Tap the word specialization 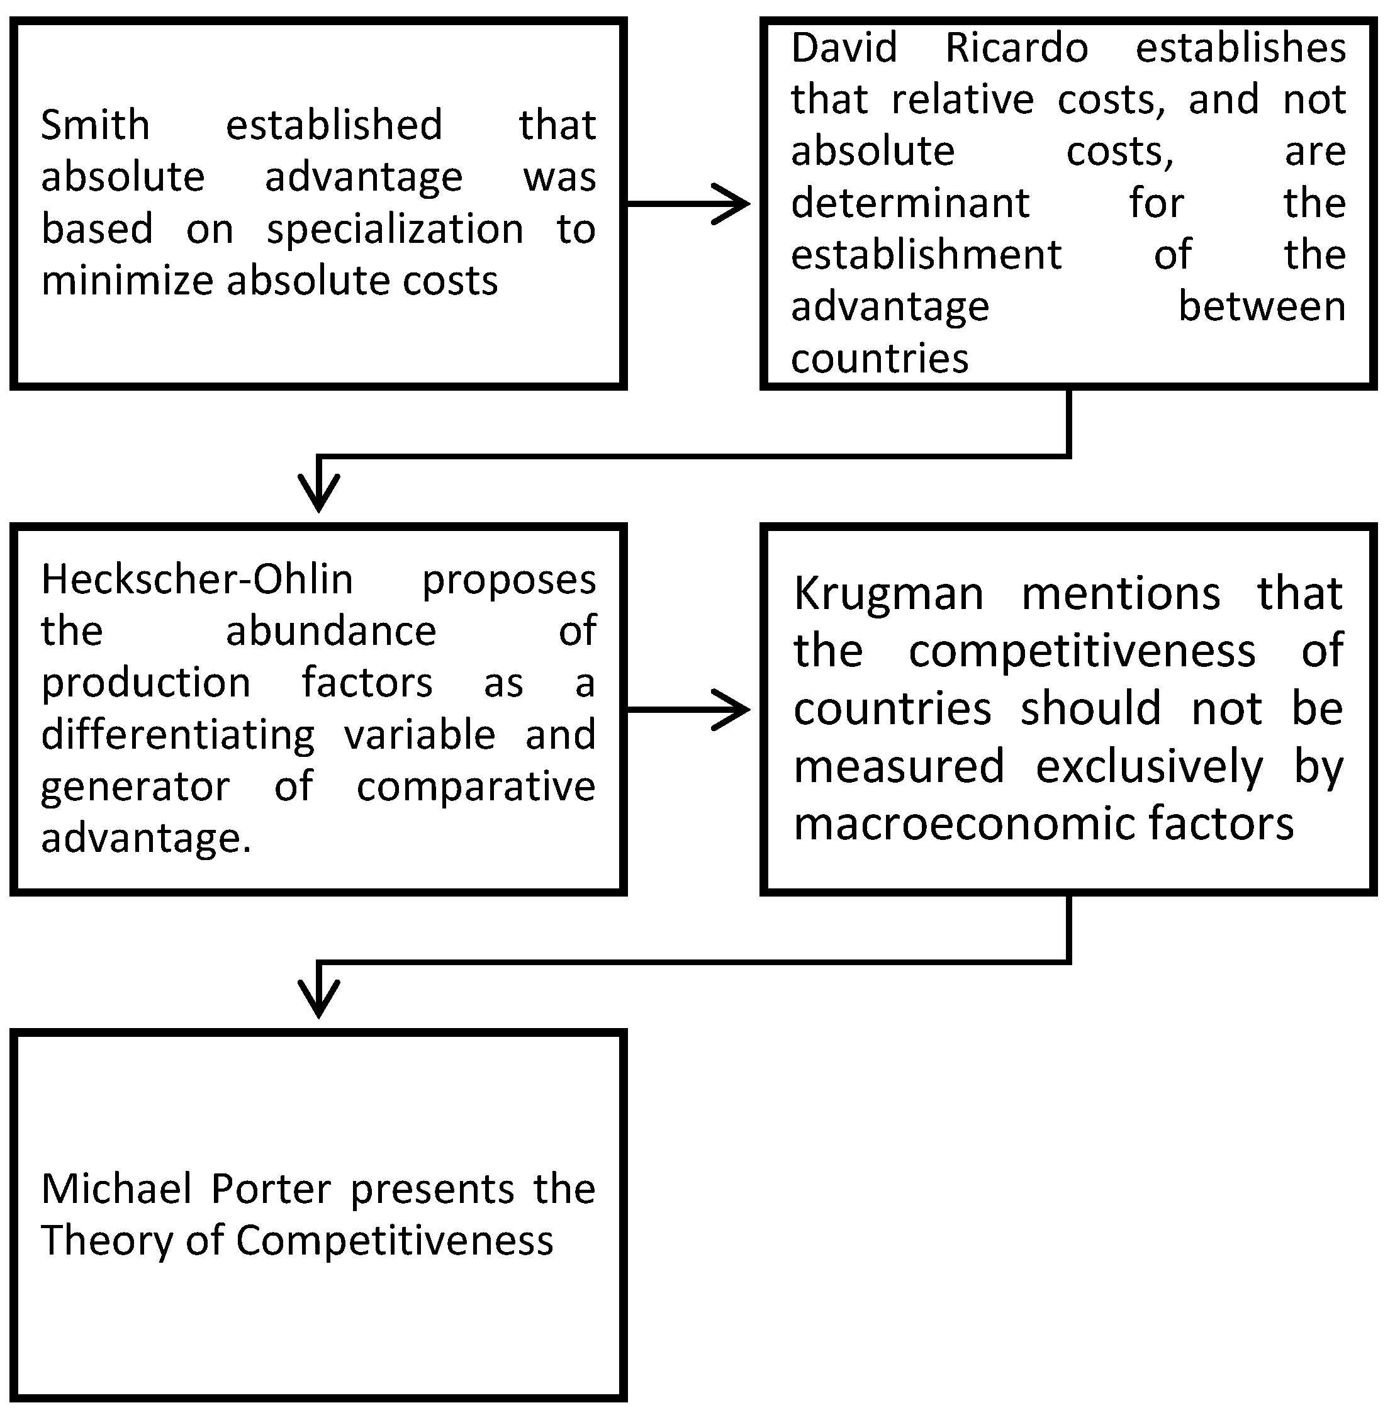click(395, 229)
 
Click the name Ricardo click(1016, 48)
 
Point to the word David click(844, 48)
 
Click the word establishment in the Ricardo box click(926, 255)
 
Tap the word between click(1262, 306)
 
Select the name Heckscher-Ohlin click(197, 579)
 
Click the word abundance click(331, 630)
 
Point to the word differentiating click(178, 735)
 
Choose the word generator click(135, 786)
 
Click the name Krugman click(888, 593)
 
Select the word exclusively click(1149, 766)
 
